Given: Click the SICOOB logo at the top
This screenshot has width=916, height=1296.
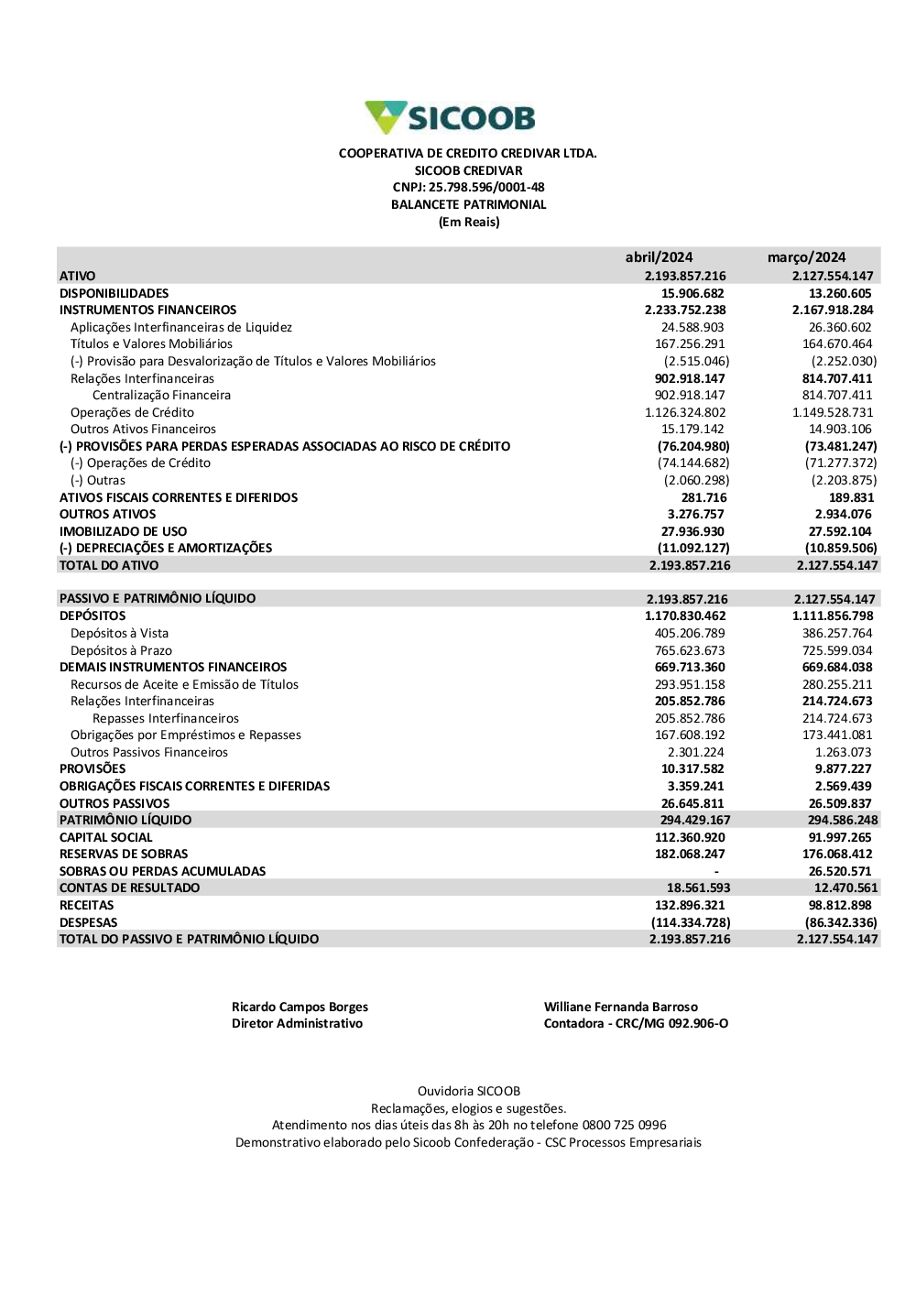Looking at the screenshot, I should coord(450,118).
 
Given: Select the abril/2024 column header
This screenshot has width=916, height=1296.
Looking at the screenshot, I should coord(659,257).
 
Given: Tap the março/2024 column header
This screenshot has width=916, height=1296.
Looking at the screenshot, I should coord(806,257).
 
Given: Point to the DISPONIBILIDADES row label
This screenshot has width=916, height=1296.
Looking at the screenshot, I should coord(114,293).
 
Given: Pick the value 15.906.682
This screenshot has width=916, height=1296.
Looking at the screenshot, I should coord(692,293).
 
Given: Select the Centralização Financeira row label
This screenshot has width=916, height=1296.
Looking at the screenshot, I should coord(161,396).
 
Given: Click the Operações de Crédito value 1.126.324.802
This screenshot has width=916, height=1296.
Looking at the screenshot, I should coord(685,412).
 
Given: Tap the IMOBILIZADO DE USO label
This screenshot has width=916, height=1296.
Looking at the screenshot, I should coord(123,531).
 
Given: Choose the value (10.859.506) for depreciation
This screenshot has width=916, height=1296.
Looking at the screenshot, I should coord(841,548).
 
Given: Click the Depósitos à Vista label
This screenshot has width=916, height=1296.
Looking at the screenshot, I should coord(119,633).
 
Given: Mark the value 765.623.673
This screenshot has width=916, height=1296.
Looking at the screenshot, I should coord(690,650).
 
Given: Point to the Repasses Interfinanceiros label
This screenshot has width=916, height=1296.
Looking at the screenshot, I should coord(165,718).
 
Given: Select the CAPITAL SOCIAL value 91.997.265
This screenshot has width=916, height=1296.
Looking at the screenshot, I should coord(840,837).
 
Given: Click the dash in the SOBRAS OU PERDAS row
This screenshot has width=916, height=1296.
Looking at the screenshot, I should coord(716,871).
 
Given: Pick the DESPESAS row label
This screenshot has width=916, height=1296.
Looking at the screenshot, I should coord(88,922).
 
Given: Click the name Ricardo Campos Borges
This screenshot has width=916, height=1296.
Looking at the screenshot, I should coord(300,1007).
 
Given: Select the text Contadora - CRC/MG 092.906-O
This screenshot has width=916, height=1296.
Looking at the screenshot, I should coord(636,1023).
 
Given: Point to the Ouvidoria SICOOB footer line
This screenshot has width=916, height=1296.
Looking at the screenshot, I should coord(468,1091).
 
